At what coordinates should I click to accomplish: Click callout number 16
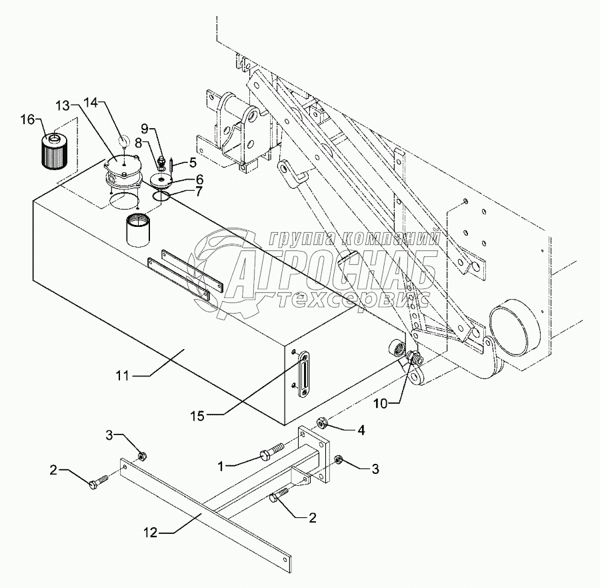[27, 119]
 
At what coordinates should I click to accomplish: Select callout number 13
[62, 105]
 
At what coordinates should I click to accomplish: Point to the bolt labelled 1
[268, 456]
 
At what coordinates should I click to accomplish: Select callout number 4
[361, 430]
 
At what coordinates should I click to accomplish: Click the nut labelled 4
[320, 422]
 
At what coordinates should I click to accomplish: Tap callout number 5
[193, 162]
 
